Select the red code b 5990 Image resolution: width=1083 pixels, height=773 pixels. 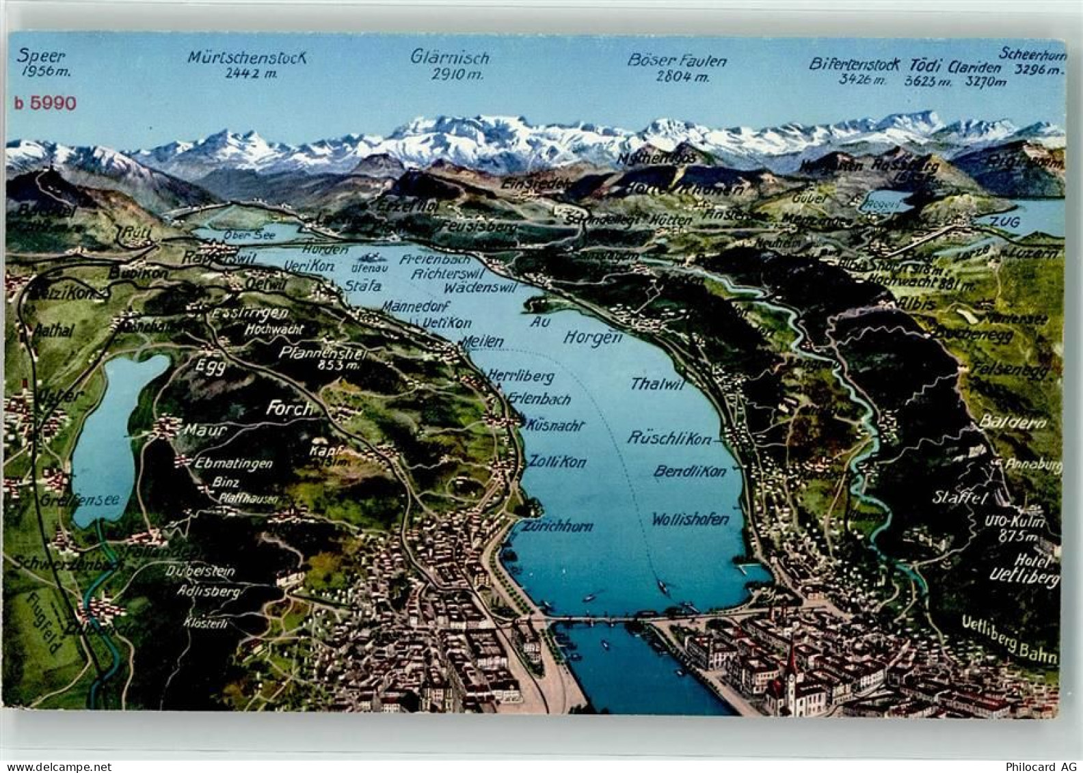pos(45,103)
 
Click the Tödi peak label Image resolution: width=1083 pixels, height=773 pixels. pos(923,66)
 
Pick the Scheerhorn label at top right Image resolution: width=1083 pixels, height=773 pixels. pos(1031,53)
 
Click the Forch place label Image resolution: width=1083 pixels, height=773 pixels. pos(289,409)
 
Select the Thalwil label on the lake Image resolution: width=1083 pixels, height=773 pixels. pos(658,384)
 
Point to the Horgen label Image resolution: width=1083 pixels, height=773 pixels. pos(593,336)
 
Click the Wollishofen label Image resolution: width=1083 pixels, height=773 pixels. pos(690,519)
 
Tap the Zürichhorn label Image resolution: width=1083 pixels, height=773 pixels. pos(557,526)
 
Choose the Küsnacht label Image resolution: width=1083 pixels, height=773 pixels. pos(556,425)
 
